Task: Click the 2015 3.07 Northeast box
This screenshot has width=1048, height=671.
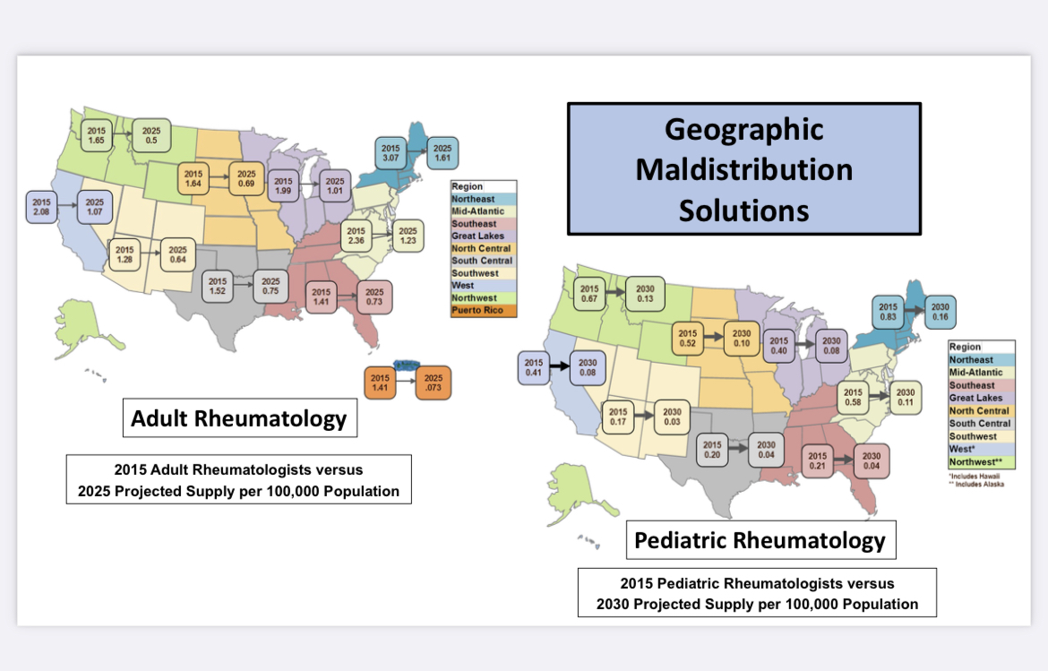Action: (x=391, y=153)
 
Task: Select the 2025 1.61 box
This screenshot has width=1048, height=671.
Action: (x=442, y=153)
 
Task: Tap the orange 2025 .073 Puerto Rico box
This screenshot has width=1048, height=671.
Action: (x=434, y=383)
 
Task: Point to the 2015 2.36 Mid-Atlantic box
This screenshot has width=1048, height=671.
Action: (x=356, y=235)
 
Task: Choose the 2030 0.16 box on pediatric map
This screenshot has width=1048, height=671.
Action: (x=940, y=312)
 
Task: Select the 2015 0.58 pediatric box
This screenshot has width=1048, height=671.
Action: (x=853, y=398)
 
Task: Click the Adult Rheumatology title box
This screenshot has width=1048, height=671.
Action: (x=239, y=418)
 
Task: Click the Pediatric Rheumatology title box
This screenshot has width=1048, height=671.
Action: (x=760, y=540)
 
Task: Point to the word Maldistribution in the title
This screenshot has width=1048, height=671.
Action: (x=743, y=169)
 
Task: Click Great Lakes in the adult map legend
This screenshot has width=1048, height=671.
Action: (x=478, y=237)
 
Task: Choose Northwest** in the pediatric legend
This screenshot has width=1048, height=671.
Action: (x=979, y=462)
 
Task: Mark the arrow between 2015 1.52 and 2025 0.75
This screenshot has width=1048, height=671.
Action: (x=244, y=286)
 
